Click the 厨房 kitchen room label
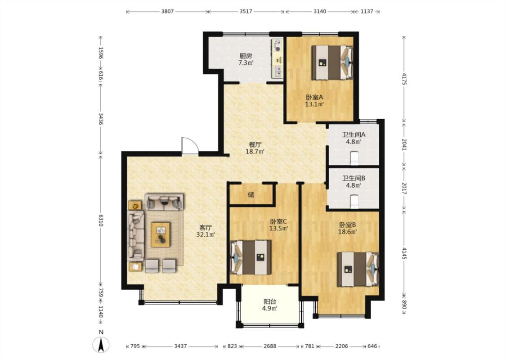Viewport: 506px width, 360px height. (246, 55)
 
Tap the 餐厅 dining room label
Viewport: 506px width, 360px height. (255, 144)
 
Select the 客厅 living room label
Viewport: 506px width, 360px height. (206, 228)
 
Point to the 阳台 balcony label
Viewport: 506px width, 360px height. (270, 301)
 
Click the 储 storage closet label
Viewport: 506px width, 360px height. (251, 194)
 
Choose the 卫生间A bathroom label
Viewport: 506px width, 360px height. (354, 134)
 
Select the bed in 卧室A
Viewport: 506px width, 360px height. (332, 62)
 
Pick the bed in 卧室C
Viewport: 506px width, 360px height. (251, 257)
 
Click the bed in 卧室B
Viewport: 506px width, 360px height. (358, 269)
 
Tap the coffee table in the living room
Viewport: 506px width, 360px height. (161, 234)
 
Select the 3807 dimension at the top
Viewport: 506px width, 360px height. (167, 11)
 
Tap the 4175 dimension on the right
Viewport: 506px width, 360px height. (404, 78)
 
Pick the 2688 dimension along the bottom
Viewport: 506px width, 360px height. (270, 346)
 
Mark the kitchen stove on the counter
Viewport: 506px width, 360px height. (277, 45)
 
